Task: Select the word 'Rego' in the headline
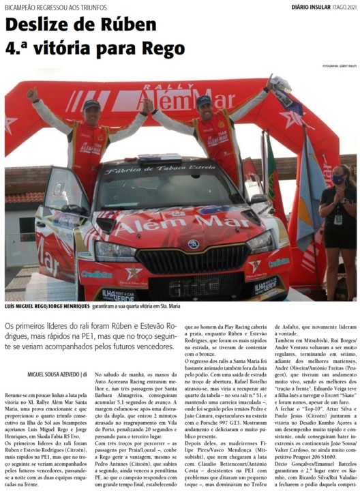pyautogui.click(x=160, y=49)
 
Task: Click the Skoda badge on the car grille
pyautogui.click(x=192, y=243)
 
